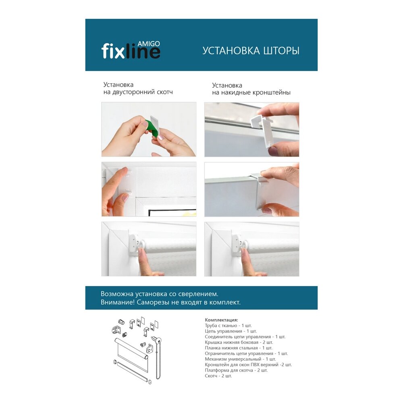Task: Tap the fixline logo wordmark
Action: (131, 51)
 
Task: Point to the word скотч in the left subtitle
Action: (164, 92)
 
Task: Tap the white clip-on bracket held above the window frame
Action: (263, 130)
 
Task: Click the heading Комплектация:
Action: (222, 320)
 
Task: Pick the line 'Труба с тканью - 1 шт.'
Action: (228, 326)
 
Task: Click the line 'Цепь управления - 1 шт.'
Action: (231, 331)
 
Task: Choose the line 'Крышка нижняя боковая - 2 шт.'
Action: (239, 342)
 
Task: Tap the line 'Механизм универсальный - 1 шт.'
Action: (240, 359)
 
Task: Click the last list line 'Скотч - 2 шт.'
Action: (218, 376)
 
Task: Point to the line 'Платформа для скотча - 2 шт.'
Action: (236, 370)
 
